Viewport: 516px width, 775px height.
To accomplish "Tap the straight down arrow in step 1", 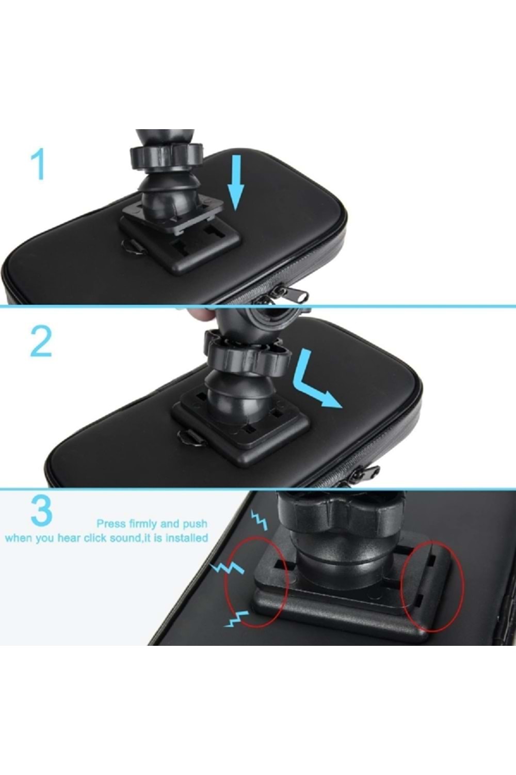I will [235, 181].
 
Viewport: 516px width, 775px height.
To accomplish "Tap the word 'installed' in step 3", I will [187, 538].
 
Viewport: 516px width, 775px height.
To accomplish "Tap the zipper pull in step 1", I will [295, 296].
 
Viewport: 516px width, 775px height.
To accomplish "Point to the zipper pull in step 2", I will [367, 472].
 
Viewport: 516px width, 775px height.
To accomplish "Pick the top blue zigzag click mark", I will [259, 520].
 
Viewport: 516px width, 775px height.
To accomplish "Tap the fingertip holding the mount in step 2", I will [199, 314].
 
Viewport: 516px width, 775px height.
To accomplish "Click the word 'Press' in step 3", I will [111, 524].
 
